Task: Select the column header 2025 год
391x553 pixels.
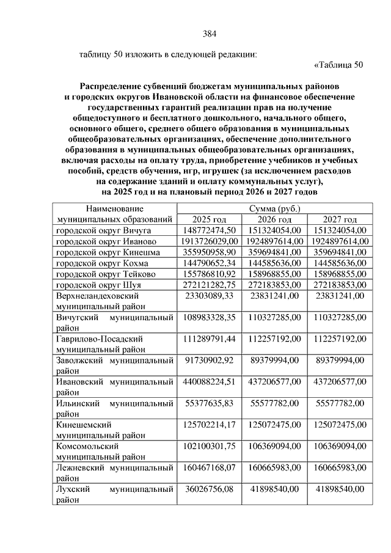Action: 210,219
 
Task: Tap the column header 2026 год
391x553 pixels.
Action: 274,219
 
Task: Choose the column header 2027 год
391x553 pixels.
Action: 339,219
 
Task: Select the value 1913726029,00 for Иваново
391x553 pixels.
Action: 210,241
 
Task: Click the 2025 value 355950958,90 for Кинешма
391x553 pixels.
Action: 210,252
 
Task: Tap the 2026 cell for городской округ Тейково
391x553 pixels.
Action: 274,274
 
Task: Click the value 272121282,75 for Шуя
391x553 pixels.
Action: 210,285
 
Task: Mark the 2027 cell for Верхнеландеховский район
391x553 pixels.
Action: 339,296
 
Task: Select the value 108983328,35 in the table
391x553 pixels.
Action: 210,318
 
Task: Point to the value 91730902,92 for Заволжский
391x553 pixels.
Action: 210,360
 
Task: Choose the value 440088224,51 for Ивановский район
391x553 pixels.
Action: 210,382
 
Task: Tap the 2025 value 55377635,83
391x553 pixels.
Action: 210,404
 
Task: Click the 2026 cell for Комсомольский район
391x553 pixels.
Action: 274,447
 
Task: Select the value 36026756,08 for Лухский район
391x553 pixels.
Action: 210,489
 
